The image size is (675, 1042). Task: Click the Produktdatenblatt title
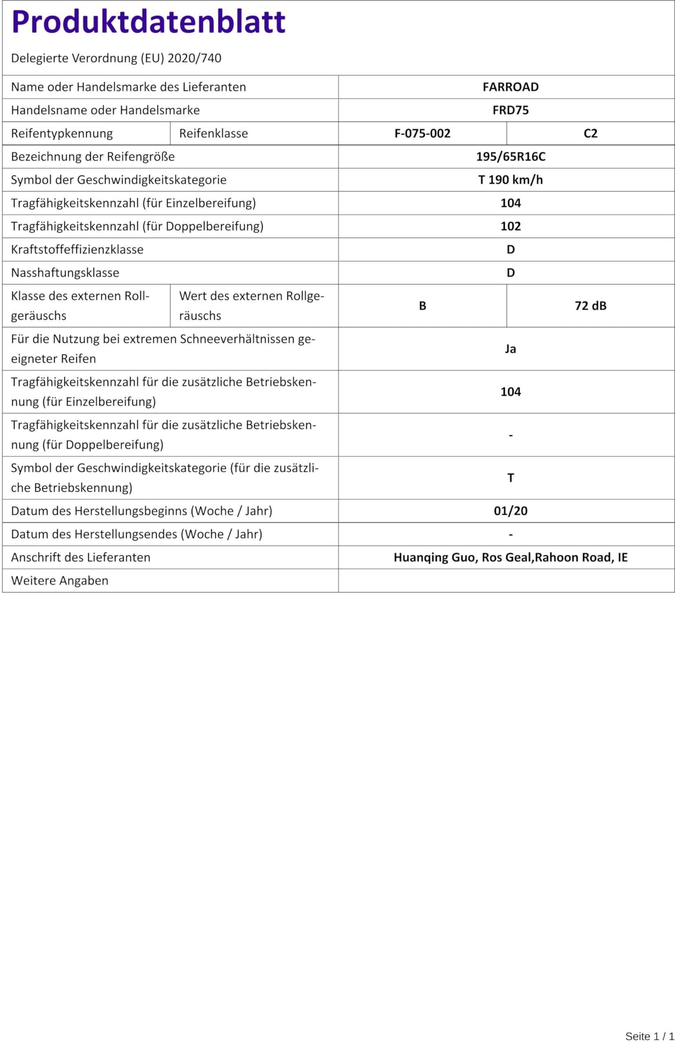148,22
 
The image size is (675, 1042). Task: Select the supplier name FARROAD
510,87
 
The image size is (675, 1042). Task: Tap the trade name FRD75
510,110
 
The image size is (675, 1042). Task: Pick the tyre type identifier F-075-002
422,133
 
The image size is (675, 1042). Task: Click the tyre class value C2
590,133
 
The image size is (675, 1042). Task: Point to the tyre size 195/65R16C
510,156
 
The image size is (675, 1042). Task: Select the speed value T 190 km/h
510,180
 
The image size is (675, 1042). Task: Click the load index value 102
510,226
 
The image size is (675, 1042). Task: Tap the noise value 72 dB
590,306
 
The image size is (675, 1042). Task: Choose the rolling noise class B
422,306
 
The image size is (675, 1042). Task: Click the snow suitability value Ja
510,348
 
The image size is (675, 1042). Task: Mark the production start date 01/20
510,510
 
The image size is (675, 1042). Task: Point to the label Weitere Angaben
59,580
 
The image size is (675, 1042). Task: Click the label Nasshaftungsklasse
65,272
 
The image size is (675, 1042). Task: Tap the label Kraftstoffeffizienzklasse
77,249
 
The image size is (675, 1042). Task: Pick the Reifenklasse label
213,133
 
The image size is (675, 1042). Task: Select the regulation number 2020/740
194,58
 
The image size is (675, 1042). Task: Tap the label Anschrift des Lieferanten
81,557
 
